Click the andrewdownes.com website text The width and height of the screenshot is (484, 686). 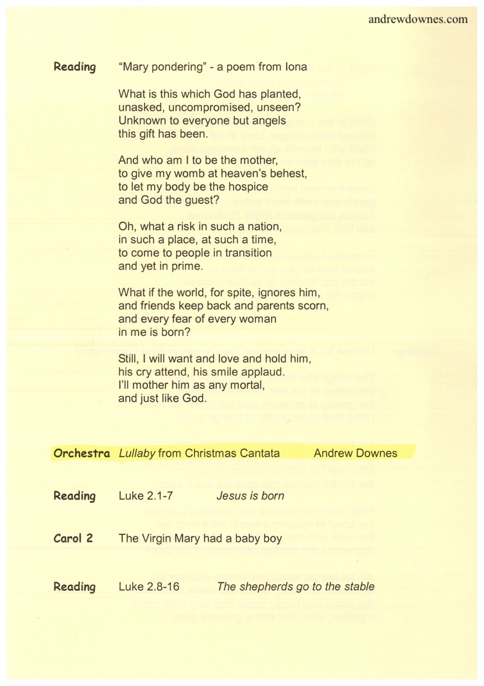pos(418,19)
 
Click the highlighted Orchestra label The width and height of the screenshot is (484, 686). pos(81,453)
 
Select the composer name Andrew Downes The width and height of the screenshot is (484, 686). pos(355,453)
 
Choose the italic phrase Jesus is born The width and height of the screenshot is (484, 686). pos(250,496)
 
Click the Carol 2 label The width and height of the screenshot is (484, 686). pos(73,537)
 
